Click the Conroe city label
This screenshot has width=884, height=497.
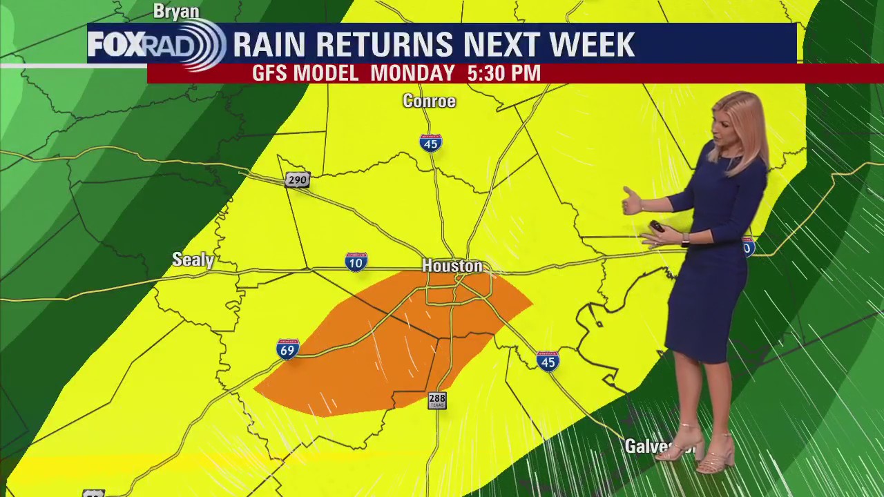click(x=429, y=101)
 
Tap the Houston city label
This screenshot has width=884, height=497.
click(x=452, y=266)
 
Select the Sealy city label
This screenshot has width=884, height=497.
click(x=193, y=260)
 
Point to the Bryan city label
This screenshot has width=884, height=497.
click(x=176, y=11)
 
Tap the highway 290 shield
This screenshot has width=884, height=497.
click(x=297, y=180)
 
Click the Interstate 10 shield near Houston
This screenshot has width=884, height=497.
click(x=356, y=262)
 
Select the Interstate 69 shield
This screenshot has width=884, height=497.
click(x=287, y=349)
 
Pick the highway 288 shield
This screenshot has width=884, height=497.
click(x=437, y=400)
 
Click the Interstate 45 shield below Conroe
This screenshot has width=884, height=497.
click(x=430, y=143)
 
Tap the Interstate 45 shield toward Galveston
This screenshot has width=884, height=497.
click(x=548, y=361)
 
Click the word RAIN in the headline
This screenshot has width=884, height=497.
click(x=269, y=45)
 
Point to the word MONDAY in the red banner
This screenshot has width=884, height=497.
click(x=412, y=73)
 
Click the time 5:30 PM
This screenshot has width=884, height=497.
click(x=503, y=73)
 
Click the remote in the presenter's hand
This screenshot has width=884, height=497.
click(x=657, y=226)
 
